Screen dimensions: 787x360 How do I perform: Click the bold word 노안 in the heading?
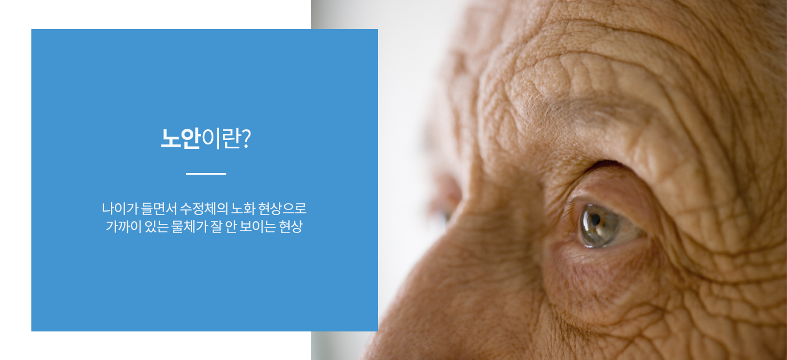(180, 138)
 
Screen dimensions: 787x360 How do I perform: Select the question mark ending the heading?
(246, 138)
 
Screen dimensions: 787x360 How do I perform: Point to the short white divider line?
(206, 174)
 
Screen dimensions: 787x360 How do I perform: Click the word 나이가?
(120, 209)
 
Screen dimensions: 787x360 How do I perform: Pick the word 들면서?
(159, 209)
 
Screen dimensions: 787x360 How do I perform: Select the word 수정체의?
(204, 209)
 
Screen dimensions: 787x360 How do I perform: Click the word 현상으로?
(282, 209)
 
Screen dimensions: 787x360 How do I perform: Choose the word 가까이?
(124, 227)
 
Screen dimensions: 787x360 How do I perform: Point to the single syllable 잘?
(216, 227)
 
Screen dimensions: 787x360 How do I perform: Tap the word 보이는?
(258, 227)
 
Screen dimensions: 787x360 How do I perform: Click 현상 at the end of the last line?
(291, 227)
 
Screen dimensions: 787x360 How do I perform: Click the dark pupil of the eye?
(595, 220)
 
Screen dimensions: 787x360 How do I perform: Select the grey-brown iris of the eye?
(598, 226)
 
